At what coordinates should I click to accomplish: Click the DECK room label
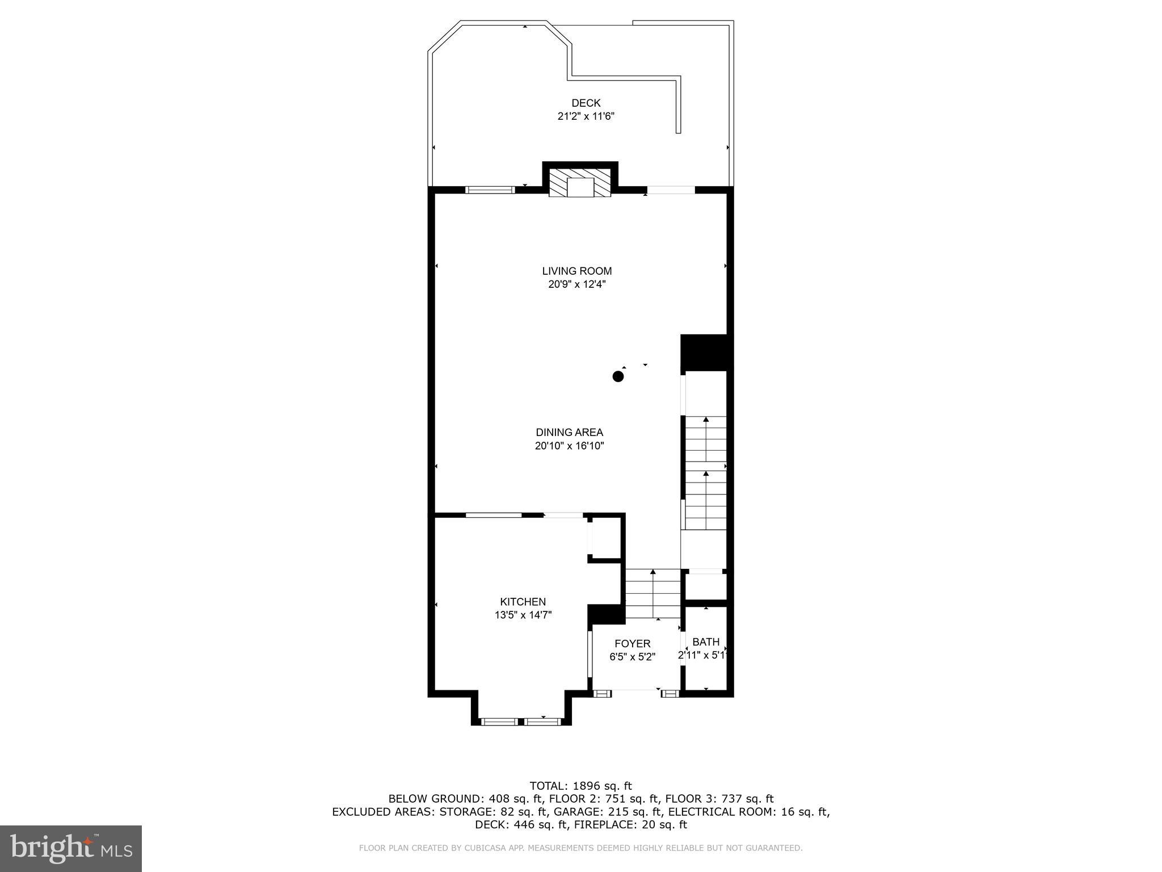[x=586, y=103]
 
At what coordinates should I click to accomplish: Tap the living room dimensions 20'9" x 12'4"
[x=576, y=284]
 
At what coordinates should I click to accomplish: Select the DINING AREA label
[x=569, y=432]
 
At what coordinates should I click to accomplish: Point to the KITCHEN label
[x=523, y=602]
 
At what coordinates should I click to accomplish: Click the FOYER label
[x=632, y=643]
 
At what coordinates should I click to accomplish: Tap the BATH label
[x=706, y=642]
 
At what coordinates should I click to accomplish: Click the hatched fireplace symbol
[x=580, y=183]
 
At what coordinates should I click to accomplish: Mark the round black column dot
[x=618, y=376]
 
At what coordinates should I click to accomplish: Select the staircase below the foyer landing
[x=652, y=593]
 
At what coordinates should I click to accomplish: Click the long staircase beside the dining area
[x=706, y=472]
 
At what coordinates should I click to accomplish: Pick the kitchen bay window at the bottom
[x=521, y=722]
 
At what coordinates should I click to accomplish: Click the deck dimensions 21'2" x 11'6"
[x=586, y=116]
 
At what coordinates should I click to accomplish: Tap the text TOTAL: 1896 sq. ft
[x=580, y=786]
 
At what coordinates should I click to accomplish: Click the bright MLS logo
[x=71, y=848]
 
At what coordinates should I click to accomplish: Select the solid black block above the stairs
[x=704, y=352]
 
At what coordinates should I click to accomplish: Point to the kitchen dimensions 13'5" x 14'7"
[x=523, y=615]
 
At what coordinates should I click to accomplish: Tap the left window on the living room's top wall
[x=490, y=190]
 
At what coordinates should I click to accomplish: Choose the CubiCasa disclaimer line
[x=580, y=848]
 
